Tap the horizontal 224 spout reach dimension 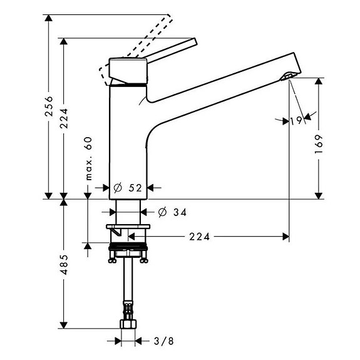(x=198, y=237)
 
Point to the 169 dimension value (x=319, y=145)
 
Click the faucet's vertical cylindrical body (x=127, y=138)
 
